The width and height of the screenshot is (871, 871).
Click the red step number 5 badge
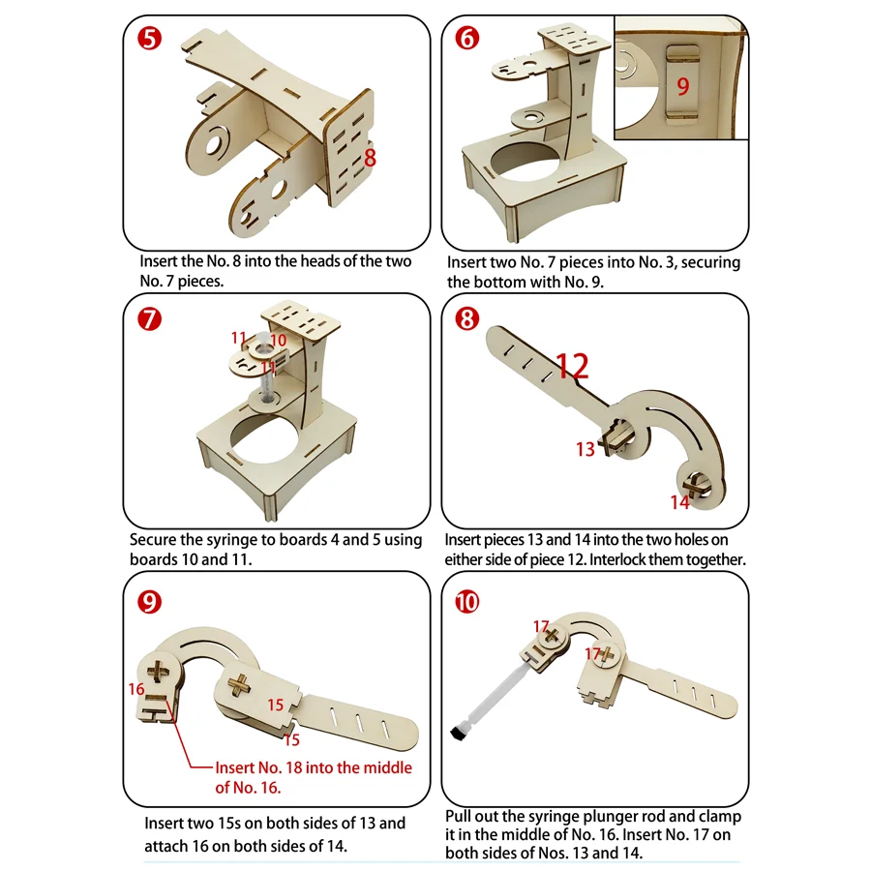tap(149, 39)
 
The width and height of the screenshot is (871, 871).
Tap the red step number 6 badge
tap(467, 38)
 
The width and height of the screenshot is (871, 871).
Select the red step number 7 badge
tap(149, 319)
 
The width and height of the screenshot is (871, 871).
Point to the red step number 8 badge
tap(467, 318)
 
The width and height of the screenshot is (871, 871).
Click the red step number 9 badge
tap(149, 602)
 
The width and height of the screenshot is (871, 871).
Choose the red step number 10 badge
tap(467, 602)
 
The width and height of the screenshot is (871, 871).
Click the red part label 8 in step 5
tap(371, 158)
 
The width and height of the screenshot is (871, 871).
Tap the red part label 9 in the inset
tap(682, 86)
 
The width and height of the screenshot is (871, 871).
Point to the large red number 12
tap(572, 366)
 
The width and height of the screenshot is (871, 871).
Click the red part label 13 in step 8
tap(586, 449)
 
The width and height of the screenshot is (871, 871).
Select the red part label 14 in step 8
tap(680, 502)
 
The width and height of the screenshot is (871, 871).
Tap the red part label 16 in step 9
tap(136, 689)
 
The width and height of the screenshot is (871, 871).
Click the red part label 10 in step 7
tap(279, 340)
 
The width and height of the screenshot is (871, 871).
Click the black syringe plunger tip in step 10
tap(459, 735)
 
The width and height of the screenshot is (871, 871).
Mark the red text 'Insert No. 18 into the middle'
tap(314, 767)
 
